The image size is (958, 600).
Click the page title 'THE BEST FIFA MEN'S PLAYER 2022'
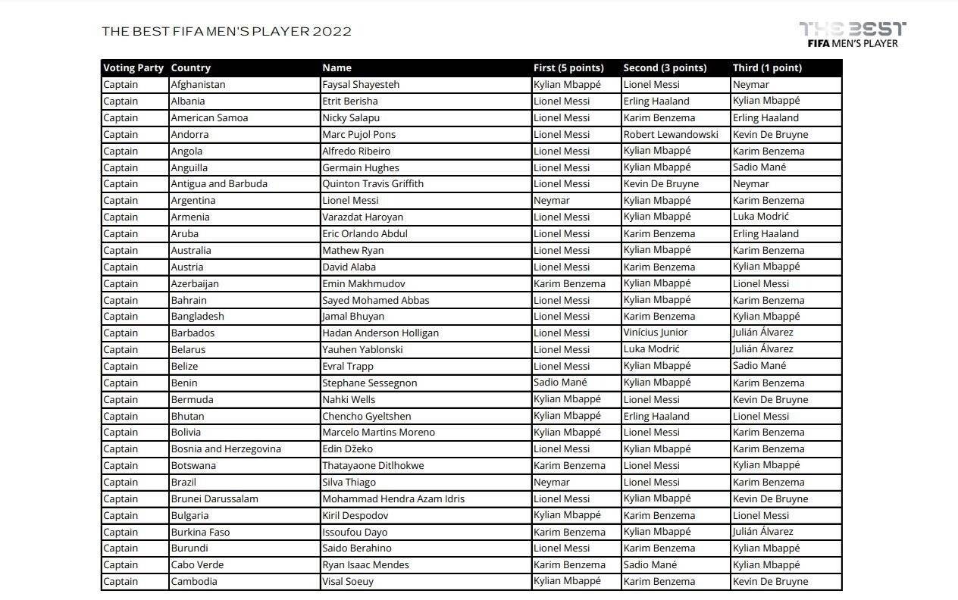pos(227,32)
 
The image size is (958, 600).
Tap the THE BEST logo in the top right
pos(852,35)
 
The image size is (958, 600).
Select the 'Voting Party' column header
pos(133,68)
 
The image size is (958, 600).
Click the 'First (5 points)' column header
pos(568,68)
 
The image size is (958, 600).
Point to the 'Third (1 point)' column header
pos(767,68)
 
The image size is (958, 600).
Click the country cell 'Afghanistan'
pos(198,85)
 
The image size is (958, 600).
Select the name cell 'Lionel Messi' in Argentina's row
pos(350,201)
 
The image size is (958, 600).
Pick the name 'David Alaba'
pos(349,267)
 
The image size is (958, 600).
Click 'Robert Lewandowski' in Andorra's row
pos(671,134)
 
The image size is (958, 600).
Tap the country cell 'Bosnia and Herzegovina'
pos(226,448)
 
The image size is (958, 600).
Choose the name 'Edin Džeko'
pos(347,448)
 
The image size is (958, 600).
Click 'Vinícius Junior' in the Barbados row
pos(656,333)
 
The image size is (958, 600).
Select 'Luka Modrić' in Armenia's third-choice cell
pos(761,217)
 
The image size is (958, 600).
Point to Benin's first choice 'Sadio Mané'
pos(560,383)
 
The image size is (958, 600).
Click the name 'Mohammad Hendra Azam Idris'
pos(393,498)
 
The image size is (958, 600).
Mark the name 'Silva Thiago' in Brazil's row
pos(349,482)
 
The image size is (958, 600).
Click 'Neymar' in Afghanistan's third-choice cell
pos(750,85)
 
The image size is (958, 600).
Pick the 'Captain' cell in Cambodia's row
pos(121,581)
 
